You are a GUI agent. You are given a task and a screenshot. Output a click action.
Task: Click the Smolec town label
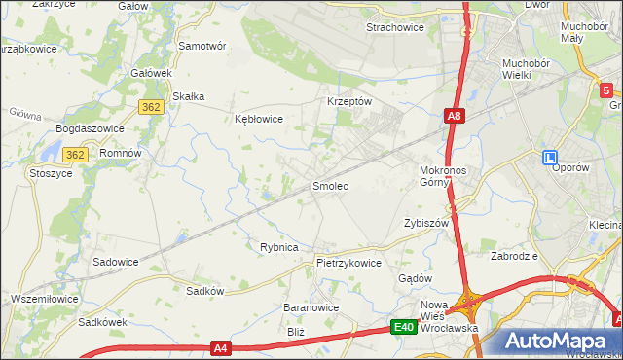(330, 185)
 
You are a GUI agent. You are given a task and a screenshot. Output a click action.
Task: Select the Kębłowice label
(259, 119)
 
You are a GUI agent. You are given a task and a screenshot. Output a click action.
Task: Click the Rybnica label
(278, 247)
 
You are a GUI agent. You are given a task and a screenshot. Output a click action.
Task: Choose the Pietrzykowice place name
(348, 263)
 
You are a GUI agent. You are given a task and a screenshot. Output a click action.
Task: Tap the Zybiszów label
(426, 222)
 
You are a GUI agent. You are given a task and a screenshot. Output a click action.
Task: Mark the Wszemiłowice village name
(45, 298)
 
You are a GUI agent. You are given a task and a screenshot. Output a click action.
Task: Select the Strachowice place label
(394, 27)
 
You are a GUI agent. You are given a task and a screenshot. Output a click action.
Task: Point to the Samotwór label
(202, 46)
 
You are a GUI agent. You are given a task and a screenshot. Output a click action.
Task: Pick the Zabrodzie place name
(515, 257)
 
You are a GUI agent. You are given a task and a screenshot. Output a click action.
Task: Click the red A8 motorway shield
(455, 117)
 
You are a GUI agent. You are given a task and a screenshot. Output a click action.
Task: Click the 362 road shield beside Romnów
(77, 155)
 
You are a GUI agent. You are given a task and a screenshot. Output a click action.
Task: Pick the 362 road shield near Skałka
(151, 107)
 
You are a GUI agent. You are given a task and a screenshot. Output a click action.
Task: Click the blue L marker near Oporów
(550, 157)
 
